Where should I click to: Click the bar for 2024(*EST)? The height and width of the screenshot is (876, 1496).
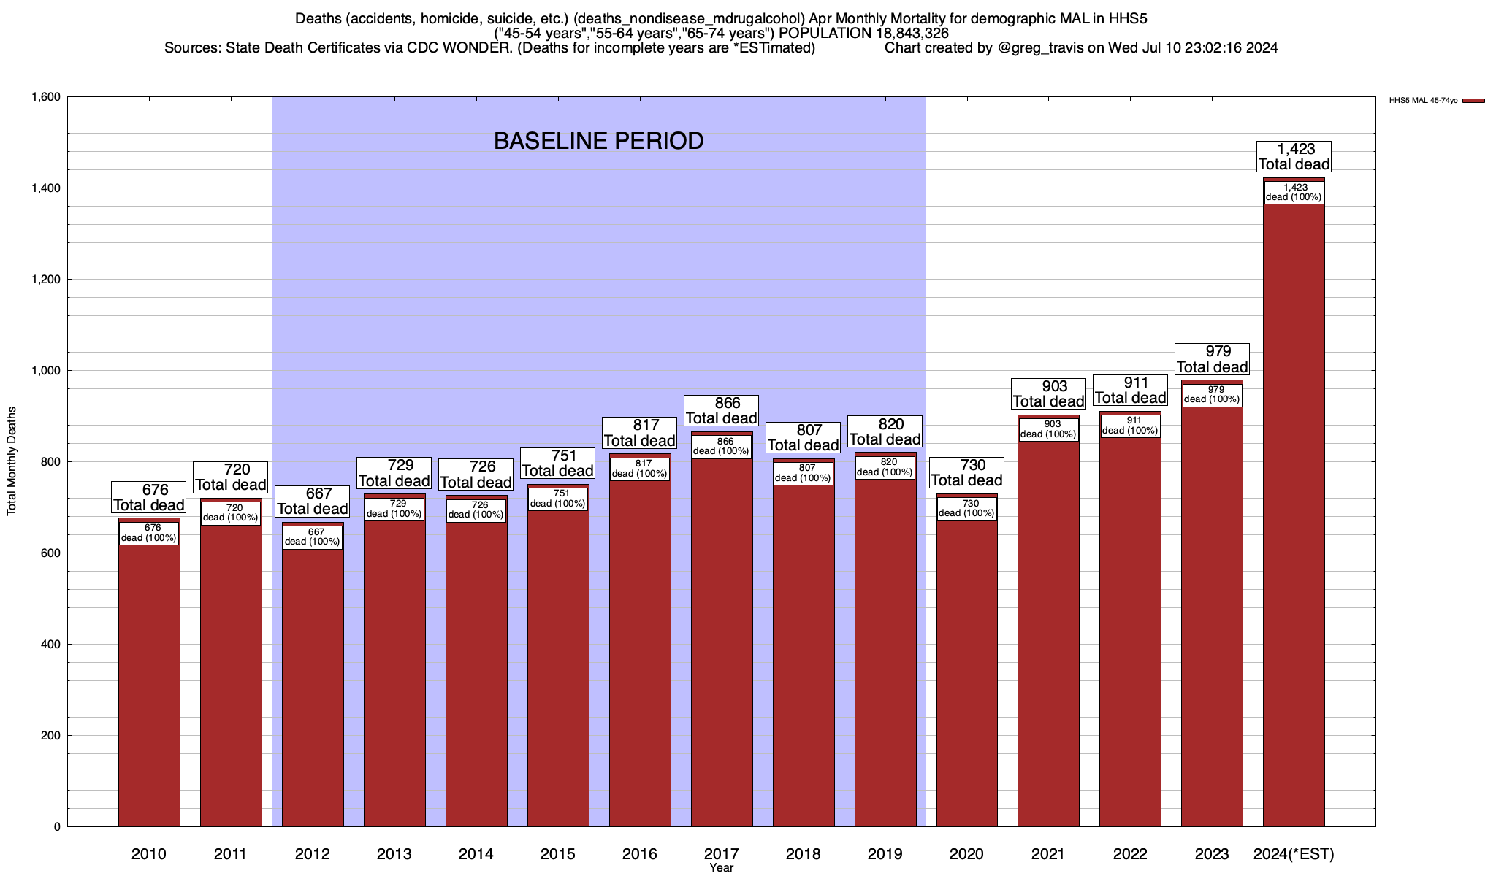pos(1293,511)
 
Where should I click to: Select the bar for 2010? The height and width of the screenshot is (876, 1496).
pos(149,679)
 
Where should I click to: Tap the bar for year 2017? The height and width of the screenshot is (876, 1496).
pos(722,635)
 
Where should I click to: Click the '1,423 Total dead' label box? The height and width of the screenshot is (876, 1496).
pos(1294,157)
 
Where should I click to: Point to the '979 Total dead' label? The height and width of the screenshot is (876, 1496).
pos(1212,359)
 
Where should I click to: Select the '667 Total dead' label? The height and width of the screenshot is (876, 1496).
pos(313,502)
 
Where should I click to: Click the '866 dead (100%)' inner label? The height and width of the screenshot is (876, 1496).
pos(722,447)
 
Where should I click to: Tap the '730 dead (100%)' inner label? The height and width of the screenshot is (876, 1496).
pos(967,509)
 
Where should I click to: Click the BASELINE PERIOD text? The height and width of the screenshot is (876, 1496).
pos(598,141)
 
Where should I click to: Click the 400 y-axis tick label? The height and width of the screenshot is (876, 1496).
pos(50,645)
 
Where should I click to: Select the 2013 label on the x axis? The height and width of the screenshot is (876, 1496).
pos(394,854)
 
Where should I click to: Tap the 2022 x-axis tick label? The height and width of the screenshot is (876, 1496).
pos(1131,854)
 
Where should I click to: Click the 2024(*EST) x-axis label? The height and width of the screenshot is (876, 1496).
pos(1294,854)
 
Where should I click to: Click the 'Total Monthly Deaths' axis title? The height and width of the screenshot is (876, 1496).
pos(12,461)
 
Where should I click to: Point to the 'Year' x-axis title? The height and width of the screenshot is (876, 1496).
pos(721,868)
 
